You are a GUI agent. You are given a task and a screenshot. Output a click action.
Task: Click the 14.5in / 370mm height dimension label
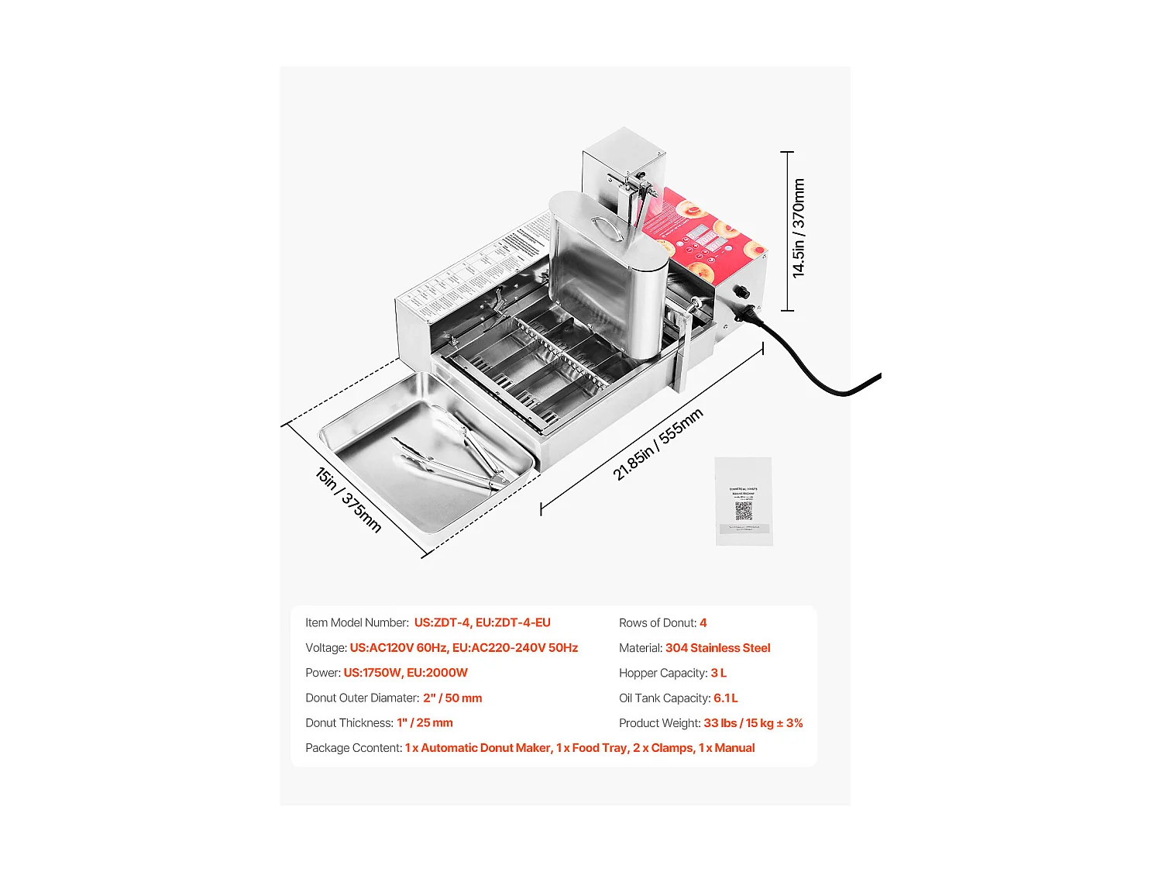pyautogui.click(x=799, y=229)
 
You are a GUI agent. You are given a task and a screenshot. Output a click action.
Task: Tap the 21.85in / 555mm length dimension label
pyautogui.click(x=658, y=444)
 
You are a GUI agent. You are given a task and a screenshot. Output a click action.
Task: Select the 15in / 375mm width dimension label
pyautogui.click(x=349, y=500)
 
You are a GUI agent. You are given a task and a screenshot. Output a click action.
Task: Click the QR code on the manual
pyautogui.click(x=744, y=511)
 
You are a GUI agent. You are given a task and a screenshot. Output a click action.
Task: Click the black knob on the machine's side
pyautogui.click(x=741, y=292)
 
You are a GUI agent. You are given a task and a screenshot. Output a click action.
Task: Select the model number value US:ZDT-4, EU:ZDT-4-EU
pyautogui.click(x=482, y=622)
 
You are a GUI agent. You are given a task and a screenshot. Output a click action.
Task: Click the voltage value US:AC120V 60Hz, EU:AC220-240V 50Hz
pyautogui.click(x=463, y=648)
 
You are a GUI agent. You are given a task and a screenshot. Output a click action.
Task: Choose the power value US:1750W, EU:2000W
pyautogui.click(x=405, y=673)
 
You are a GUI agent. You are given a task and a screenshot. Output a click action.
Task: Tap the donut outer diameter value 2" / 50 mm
pyautogui.click(x=452, y=698)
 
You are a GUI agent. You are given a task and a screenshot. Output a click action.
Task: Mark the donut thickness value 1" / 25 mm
pyautogui.click(x=425, y=722)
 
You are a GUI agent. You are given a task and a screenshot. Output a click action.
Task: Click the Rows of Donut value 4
pyautogui.click(x=703, y=622)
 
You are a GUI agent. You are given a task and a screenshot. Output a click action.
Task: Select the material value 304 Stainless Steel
pyautogui.click(x=717, y=648)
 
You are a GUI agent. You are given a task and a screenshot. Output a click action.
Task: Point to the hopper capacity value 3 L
pyautogui.click(x=718, y=673)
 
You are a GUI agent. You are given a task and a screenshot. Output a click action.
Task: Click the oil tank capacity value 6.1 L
pyautogui.click(x=725, y=698)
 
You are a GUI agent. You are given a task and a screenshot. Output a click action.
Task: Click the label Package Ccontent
pyautogui.click(x=353, y=748)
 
